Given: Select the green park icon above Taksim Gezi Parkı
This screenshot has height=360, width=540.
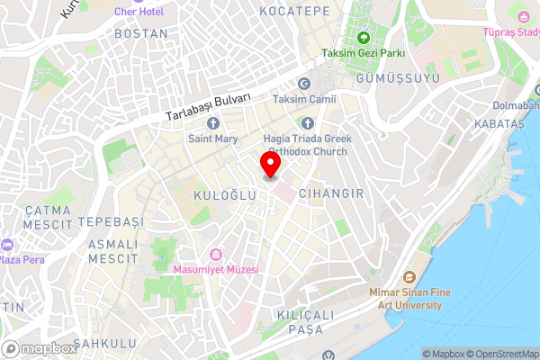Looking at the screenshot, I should click(x=364, y=38).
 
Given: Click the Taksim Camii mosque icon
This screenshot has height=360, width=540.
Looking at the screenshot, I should click(x=303, y=85).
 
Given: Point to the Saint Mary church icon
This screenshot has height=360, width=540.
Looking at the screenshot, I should click(x=213, y=123).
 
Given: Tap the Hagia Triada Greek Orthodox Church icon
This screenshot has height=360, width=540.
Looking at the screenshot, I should click(x=307, y=123).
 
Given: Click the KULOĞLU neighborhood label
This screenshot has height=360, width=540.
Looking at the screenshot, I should click(x=219, y=194).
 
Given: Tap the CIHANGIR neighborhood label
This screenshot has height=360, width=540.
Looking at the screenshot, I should click(x=330, y=193).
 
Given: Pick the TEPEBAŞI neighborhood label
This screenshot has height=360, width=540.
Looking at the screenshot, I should click(x=111, y=221).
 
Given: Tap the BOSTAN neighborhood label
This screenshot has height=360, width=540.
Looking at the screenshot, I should click(x=142, y=33).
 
